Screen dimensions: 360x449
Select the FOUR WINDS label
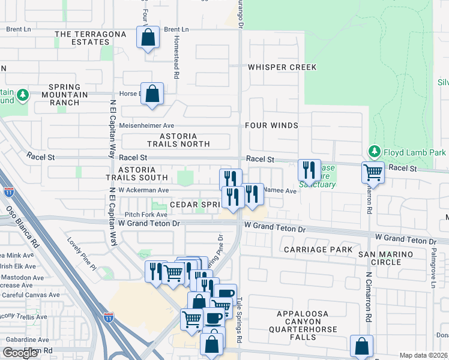(271, 125)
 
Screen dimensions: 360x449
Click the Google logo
(20, 353)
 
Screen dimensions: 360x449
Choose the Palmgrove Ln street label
(432, 273)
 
